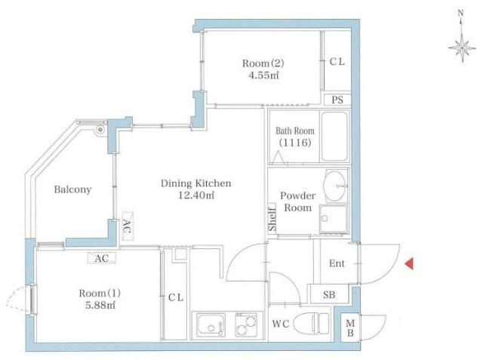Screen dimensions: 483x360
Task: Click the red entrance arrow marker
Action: click(409, 264)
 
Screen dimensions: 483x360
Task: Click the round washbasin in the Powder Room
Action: click(334, 186)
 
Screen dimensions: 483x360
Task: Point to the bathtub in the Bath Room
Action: click(334, 136)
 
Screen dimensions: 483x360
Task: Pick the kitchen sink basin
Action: click(211, 325)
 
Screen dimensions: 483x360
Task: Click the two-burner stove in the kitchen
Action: click(246, 325)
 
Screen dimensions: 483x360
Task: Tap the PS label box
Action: click(337, 100)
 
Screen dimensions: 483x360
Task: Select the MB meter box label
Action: click(350, 328)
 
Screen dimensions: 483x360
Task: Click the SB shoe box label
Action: click(329, 294)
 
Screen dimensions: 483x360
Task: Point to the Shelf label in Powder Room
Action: click(272, 219)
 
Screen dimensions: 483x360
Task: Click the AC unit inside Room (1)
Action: click(102, 258)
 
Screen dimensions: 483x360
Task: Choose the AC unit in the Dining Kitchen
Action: click(128, 226)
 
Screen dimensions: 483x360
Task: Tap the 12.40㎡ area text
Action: click(196, 195)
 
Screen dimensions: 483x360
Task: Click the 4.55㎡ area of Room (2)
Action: click(263, 75)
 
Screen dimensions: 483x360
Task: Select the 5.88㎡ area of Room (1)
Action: click(100, 305)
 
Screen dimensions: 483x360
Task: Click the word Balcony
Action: click(72, 189)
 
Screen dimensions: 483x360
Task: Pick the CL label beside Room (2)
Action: click(337, 62)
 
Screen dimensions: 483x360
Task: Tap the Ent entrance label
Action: click(337, 263)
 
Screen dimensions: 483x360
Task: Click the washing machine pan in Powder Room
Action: click(334, 219)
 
